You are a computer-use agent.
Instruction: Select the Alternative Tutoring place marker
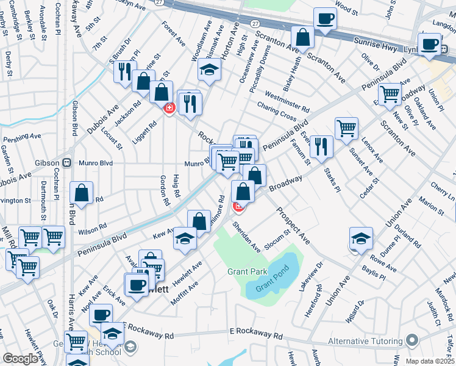pos(415,340)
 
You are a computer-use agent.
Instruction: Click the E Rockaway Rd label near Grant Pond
pos(256,335)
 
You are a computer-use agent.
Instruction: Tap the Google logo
pos(20,359)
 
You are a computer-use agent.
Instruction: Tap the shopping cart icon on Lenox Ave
pos(346,128)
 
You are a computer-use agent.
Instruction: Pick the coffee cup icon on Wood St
pos(325,19)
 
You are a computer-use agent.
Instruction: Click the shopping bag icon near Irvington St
pos(81,192)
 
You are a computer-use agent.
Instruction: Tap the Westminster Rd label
pos(288,102)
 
